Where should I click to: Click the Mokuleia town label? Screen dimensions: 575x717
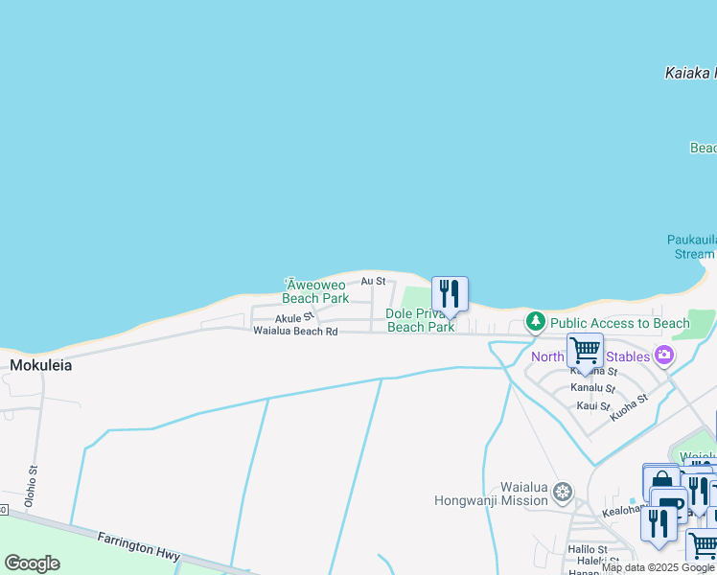point(41,365)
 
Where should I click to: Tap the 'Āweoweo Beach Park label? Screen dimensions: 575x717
point(315,291)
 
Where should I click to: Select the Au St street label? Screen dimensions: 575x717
point(373,281)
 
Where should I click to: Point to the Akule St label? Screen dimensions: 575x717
point(294,317)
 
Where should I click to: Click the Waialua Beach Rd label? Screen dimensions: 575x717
point(295,332)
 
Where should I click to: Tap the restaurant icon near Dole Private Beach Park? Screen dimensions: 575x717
point(450,292)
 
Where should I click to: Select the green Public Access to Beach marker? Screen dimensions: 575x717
point(537,323)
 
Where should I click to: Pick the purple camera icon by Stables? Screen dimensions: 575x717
point(663,356)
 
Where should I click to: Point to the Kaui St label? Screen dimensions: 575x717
point(593,406)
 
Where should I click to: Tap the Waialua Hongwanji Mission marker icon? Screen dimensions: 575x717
point(563,493)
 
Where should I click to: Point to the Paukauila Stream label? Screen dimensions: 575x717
point(691,246)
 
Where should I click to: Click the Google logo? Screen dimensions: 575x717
point(32,563)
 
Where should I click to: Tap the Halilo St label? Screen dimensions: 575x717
point(588,549)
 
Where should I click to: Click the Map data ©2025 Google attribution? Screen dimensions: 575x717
point(659,567)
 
